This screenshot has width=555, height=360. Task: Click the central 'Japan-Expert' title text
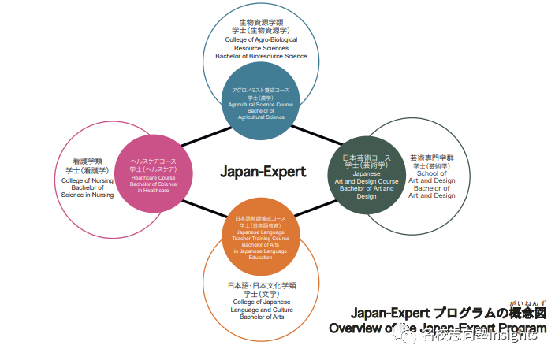pyautogui.click(x=263, y=171)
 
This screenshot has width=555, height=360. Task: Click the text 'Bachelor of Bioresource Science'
pyautogui.click(x=261, y=56)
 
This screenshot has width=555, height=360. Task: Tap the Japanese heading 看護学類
pyautogui.click(x=87, y=161)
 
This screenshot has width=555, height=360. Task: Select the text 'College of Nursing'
pyautogui.click(x=87, y=180)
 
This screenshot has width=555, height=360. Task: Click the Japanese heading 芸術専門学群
pyautogui.click(x=431, y=158)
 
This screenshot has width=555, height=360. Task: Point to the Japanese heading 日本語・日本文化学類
pyautogui.click(x=262, y=285)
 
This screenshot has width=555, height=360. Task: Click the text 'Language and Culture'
pyautogui.click(x=262, y=310)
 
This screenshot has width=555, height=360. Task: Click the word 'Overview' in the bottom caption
pyautogui.click(x=357, y=328)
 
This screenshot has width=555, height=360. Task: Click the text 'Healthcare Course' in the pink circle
pyautogui.click(x=154, y=178)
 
